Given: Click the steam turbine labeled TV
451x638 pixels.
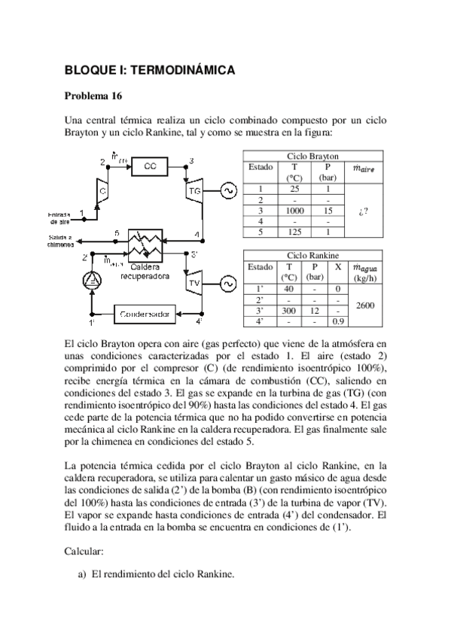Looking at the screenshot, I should tap(194, 282).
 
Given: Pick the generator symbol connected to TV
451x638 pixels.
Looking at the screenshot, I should tap(224, 283).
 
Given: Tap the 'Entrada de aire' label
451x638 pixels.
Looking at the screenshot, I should tap(56, 218).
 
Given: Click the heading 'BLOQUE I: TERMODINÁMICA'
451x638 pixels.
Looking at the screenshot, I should tap(150, 70).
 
